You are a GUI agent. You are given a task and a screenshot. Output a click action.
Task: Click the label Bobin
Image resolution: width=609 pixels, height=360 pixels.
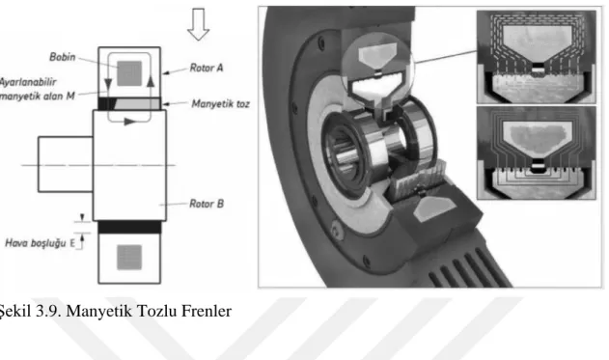point(62,57)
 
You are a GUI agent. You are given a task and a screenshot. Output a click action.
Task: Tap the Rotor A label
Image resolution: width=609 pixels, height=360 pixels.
point(207,68)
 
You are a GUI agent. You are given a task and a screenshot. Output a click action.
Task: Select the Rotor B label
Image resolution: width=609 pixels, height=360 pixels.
point(207,204)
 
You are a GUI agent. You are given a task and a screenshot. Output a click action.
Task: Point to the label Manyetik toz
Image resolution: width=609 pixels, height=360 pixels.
point(220,103)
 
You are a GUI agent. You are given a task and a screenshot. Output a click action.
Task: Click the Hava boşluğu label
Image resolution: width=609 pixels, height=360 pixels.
point(36,243)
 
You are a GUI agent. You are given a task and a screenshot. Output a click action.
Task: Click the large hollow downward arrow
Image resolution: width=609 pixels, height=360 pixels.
point(199,24)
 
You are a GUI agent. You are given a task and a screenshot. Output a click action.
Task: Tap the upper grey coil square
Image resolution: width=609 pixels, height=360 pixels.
point(129,73)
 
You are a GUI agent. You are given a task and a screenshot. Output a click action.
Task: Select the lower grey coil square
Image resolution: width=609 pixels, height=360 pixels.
point(129,257)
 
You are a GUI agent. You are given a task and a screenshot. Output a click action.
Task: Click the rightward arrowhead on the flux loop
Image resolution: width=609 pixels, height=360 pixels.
point(130,122)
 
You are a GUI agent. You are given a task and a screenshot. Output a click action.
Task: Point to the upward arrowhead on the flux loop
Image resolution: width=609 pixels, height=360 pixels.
point(151,80)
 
